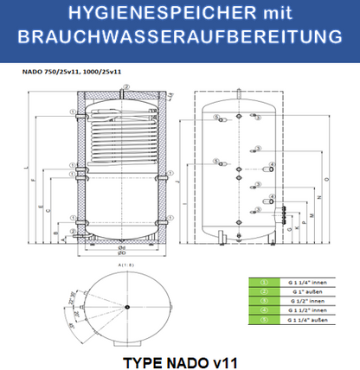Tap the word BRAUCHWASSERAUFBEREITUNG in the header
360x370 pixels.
coord(180,40)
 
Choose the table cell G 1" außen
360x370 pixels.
coord(308,291)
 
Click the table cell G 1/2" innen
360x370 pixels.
coord(308,302)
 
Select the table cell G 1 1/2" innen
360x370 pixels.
coord(308,311)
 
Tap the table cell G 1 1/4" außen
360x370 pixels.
coord(308,322)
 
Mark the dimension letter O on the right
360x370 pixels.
coord(326,179)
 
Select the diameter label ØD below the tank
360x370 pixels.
coord(123,249)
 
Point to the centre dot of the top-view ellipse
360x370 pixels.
coord(126,306)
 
